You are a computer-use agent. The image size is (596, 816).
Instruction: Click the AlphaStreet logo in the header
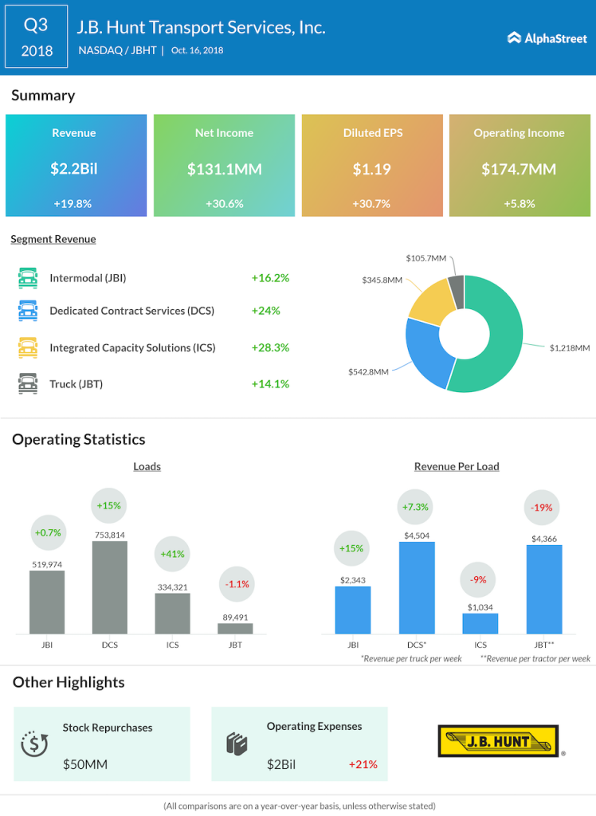(547, 38)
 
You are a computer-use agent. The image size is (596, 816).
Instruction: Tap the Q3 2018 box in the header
(37, 37)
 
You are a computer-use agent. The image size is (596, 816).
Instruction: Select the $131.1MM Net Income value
(225, 169)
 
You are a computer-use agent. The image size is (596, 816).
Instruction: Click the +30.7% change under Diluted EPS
(371, 203)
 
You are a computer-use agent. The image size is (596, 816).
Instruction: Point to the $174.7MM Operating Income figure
(519, 169)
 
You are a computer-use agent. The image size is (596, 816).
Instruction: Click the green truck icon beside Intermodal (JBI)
(28, 278)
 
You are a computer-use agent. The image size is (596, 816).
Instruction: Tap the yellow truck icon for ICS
(28, 347)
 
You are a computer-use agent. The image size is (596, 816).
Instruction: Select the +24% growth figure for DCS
(266, 311)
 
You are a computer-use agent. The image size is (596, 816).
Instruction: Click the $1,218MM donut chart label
(570, 347)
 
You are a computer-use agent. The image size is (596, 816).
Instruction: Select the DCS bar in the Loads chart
(110, 587)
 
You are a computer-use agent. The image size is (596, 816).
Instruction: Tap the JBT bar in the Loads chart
(235, 629)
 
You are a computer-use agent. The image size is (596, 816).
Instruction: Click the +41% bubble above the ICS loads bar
(172, 554)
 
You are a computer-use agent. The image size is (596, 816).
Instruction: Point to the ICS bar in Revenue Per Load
(480, 623)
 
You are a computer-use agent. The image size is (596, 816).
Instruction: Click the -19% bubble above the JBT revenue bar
(541, 508)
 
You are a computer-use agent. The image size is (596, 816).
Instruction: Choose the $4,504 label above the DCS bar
(417, 535)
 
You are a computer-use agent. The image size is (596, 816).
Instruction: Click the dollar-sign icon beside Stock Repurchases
(34, 743)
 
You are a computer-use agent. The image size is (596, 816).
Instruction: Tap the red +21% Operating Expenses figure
(363, 764)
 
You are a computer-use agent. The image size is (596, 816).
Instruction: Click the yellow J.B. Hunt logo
(499, 741)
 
